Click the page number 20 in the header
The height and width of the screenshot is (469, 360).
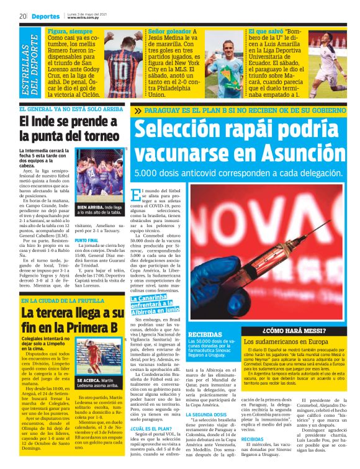(22, 15)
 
